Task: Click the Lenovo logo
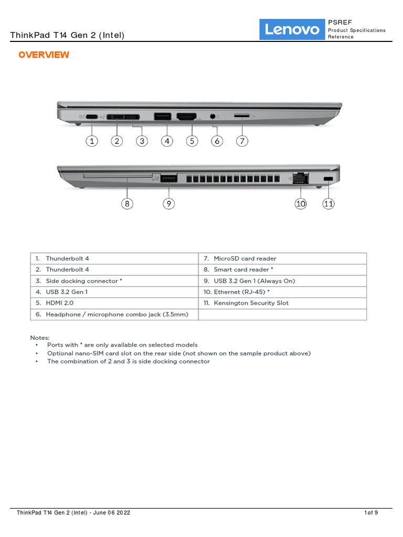[292, 29]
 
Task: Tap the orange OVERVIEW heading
[44, 55]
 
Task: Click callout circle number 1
[92, 141]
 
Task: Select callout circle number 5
[192, 141]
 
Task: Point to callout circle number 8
[127, 204]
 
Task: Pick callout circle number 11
[328, 204]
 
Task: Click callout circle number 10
[301, 204]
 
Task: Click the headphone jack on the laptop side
[213, 116]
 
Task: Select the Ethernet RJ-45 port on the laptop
[301, 177]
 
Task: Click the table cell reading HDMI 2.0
[114, 303]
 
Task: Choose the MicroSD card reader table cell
[282, 259]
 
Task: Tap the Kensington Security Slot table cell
[282, 303]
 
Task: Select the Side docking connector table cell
[114, 281]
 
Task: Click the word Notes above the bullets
[40, 338]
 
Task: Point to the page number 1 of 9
[371, 513]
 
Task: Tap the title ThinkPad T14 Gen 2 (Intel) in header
[68, 35]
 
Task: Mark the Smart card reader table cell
[282, 270]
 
